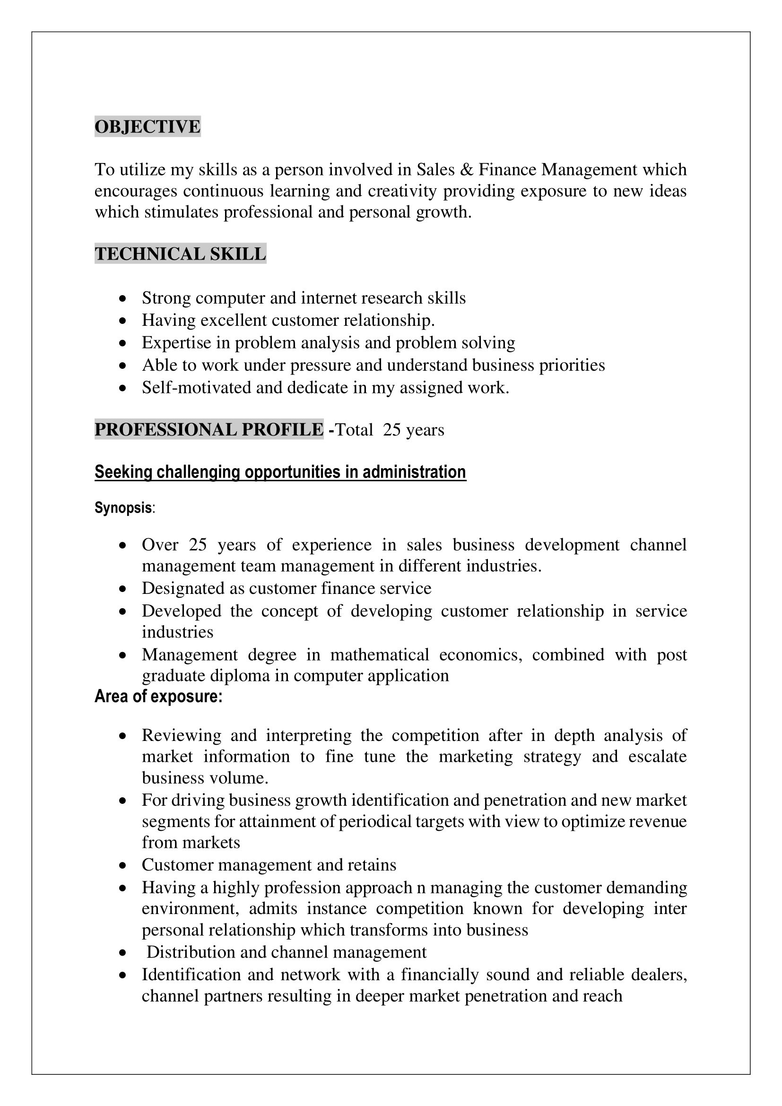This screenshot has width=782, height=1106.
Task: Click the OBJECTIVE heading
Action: [x=148, y=127]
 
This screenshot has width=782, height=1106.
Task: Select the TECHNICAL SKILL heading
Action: [x=180, y=254]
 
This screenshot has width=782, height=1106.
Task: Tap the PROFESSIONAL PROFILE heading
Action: [x=209, y=429]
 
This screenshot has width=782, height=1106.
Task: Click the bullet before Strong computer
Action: [x=123, y=299]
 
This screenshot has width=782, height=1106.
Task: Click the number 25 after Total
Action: [x=391, y=430]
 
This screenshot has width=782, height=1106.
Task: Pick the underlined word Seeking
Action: [x=123, y=472]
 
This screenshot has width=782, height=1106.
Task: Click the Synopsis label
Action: [x=123, y=508]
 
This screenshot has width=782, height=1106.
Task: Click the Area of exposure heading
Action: [x=158, y=697]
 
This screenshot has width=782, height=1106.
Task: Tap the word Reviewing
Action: [x=182, y=735]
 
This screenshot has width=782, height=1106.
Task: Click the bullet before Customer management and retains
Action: [x=123, y=865]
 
